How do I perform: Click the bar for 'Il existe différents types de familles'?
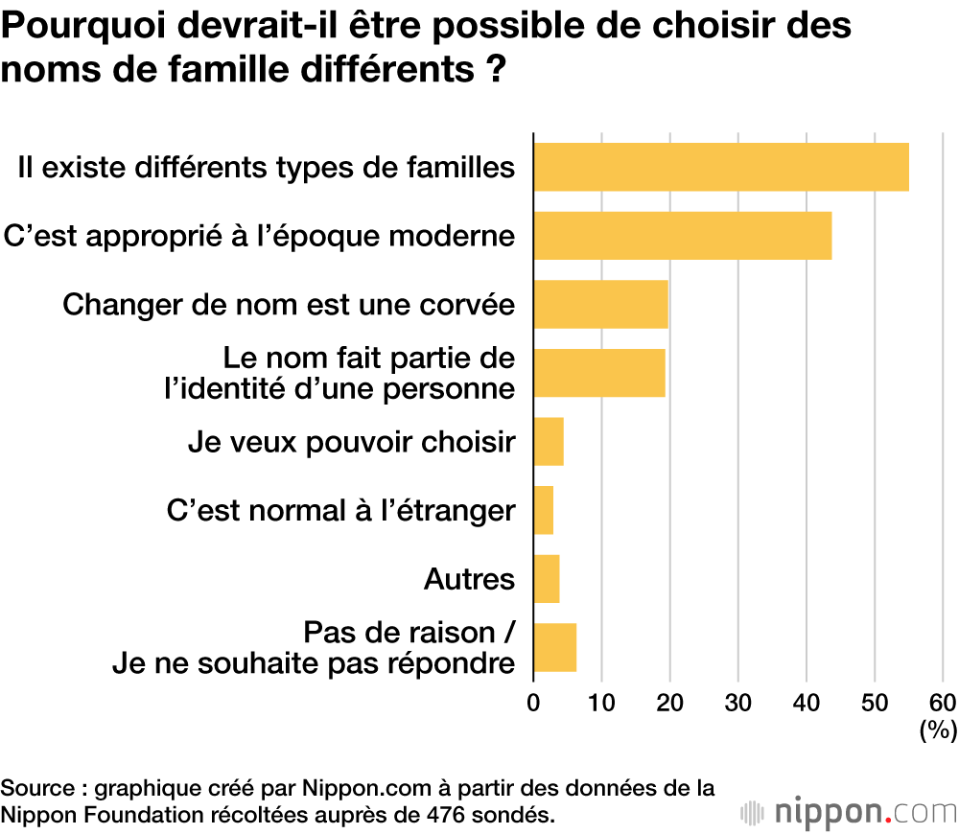pyautogui.click(x=720, y=167)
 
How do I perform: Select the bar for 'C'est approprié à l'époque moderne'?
pyautogui.click(x=682, y=236)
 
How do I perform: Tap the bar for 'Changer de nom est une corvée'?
pyautogui.click(x=600, y=304)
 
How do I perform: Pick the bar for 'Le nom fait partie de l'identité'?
pyautogui.click(x=598, y=373)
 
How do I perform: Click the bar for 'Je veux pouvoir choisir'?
pyautogui.click(x=549, y=441)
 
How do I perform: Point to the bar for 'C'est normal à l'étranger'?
pyautogui.click(x=544, y=510)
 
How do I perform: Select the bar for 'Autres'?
pyautogui.click(x=547, y=579)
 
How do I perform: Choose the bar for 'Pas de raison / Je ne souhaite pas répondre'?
pyautogui.click(x=555, y=648)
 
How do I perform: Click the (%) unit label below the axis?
pyautogui.click(x=938, y=731)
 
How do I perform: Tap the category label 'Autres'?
pyautogui.click(x=469, y=579)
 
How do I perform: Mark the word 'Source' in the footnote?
pyautogui.click(x=35, y=789)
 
